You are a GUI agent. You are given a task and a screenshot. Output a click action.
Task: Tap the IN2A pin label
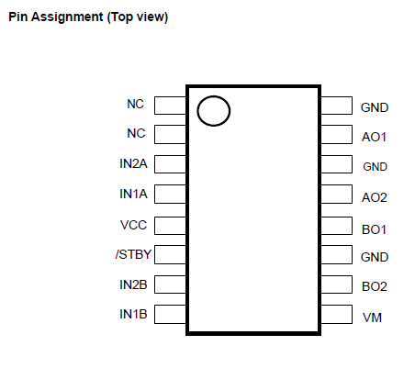pos(133,163)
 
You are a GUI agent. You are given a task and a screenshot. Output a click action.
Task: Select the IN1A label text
pos(133,194)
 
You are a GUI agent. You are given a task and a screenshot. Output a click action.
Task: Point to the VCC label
pos(134,225)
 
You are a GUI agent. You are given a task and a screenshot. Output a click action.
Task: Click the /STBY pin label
pos(133,254)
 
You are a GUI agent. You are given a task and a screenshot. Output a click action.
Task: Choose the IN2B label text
pos(133,284)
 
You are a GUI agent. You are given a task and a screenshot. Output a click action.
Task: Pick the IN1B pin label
pos(133,314)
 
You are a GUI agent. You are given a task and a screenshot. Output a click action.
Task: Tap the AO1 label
pos(374,137)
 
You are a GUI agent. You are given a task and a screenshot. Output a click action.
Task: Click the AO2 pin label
pos(375,197)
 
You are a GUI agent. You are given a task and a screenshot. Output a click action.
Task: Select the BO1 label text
pos(374,229)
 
